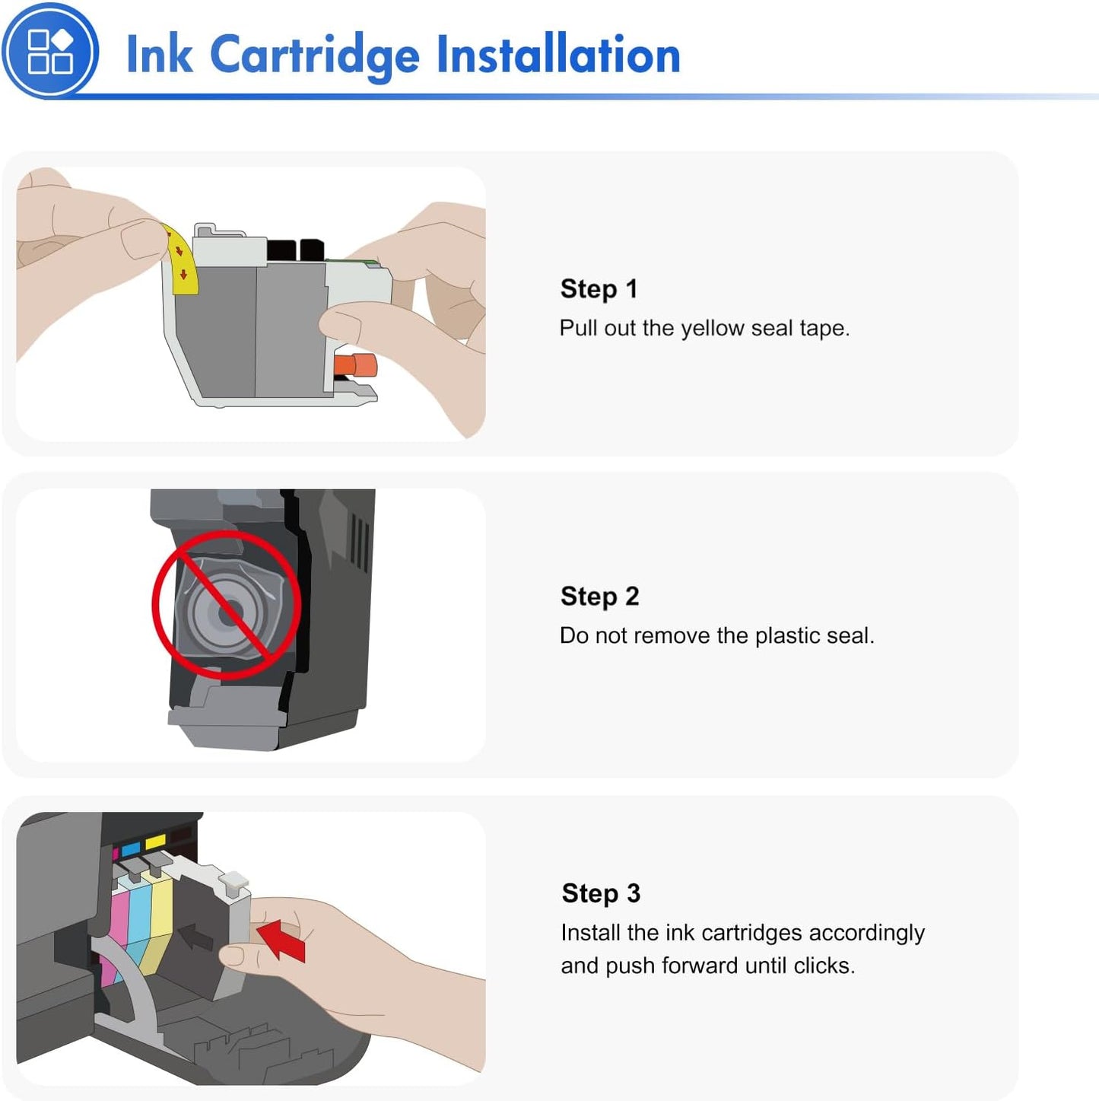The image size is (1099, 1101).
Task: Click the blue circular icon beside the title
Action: click(50, 51)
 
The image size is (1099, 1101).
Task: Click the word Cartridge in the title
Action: click(314, 56)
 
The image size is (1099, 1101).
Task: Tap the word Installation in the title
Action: click(558, 56)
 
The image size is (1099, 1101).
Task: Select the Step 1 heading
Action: click(599, 289)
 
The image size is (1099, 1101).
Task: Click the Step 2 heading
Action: click(599, 597)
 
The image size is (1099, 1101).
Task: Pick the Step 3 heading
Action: click(601, 893)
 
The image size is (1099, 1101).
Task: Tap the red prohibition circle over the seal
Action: click(226, 605)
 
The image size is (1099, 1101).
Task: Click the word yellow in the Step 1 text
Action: click(712, 329)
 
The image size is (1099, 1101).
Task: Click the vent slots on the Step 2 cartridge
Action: click(359, 542)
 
